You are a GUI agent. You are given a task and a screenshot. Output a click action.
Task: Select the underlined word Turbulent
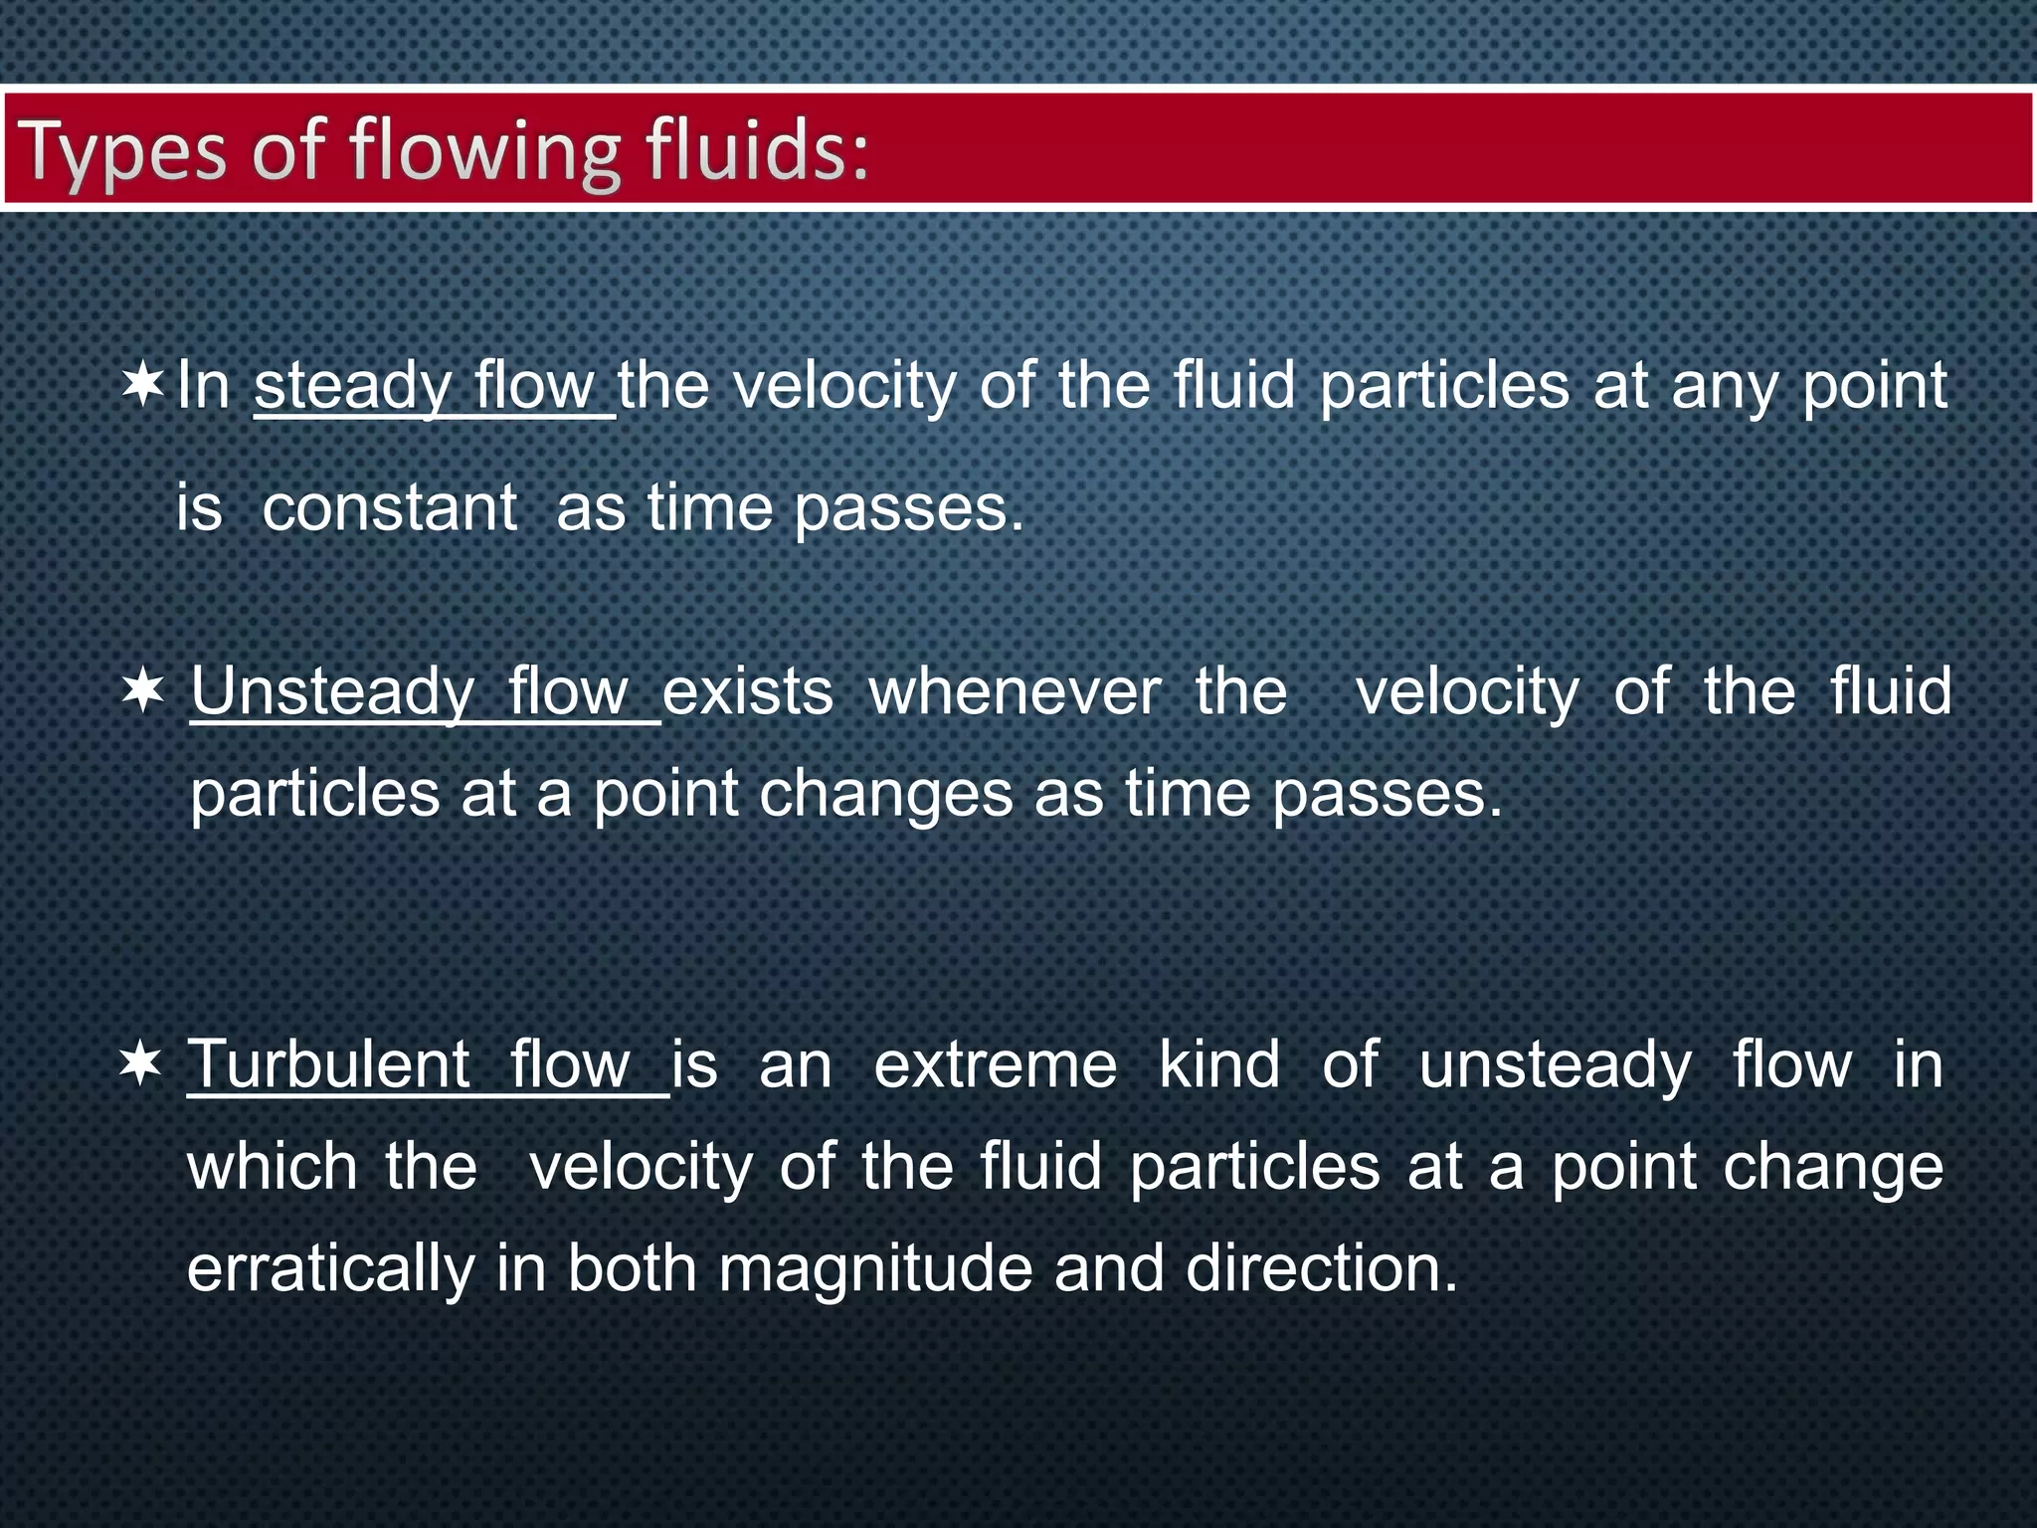coord(328,1064)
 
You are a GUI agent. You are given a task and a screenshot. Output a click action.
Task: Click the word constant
coord(389,508)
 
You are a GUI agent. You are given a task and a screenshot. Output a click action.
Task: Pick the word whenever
coord(1015,692)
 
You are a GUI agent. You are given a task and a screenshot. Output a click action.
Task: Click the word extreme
coord(996,1065)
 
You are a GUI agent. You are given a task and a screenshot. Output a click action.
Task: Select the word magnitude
coord(875,1270)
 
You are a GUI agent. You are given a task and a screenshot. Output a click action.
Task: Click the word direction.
coord(1321,1270)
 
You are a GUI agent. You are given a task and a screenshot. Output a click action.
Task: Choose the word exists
coord(748,692)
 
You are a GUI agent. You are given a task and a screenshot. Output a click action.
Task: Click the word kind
coord(1219,1064)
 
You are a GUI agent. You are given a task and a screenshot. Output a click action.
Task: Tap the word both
coord(633,1270)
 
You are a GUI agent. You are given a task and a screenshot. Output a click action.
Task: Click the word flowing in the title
coord(484,152)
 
